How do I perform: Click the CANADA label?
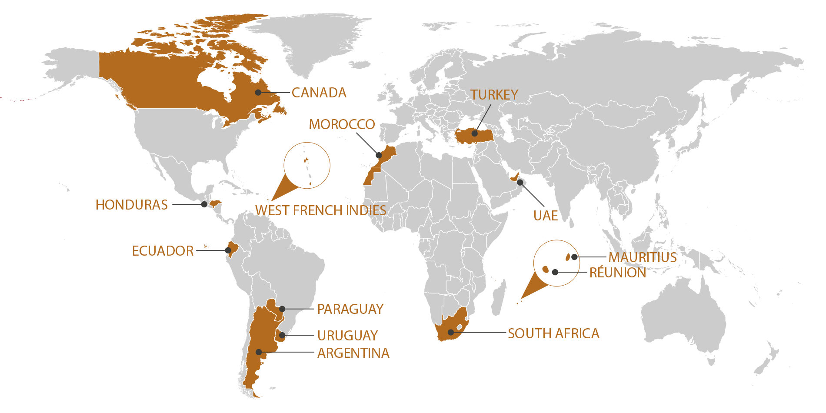pyautogui.click(x=319, y=93)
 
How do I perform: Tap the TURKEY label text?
pyautogui.click(x=494, y=95)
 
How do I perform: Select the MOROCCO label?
pyautogui.click(x=342, y=125)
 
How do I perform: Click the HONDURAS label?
pyautogui.click(x=131, y=205)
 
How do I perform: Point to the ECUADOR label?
pyautogui.click(x=163, y=251)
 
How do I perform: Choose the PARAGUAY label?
pyautogui.click(x=350, y=309)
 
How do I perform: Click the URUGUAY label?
pyautogui.click(x=347, y=336)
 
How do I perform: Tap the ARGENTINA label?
pyautogui.click(x=353, y=353)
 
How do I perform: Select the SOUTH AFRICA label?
pyautogui.click(x=553, y=333)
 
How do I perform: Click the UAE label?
pyautogui.click(x=546, y=216)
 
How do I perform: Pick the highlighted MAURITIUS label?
pyautogui.click(x=642, y=257)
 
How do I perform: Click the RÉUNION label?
pyautogui.click(x=617, y=273)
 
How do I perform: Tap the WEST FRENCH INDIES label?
pyautogui.click(x=320, y=210)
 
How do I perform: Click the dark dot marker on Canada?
pyautogui.click(x=258, y=92)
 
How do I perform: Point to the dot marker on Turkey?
pyautogui.click(x=475, y=133)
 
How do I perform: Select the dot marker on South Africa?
pyautogui.click(x=451, y=333)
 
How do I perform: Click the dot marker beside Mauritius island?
pyautogui.click(x=574, y=257)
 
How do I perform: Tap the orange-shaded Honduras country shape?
pyautogui.click(x=215, y=203)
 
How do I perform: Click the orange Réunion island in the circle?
pyautogui.click(x=546, y=269)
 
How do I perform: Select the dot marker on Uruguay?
pyautogui.click(x=282, y=335)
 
